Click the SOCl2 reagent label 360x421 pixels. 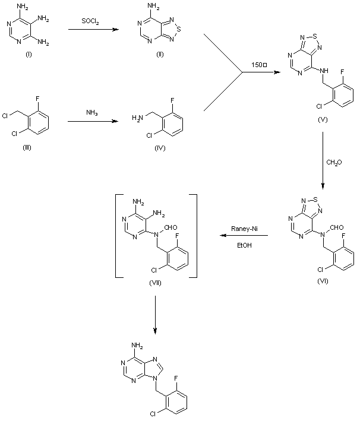click(x=91, y=22)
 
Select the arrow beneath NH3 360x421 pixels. click(x=91, y=122)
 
